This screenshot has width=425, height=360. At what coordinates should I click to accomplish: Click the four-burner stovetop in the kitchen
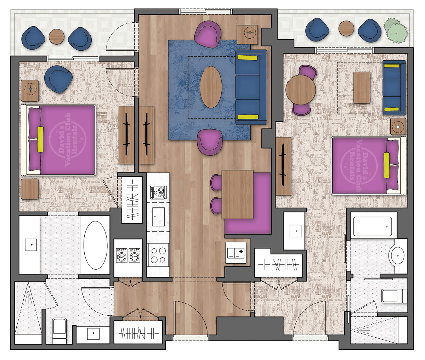click(158, 255)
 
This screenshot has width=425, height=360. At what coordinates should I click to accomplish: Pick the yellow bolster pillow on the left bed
click(40, 139)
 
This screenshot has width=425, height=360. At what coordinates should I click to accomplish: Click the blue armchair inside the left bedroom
click(59, 78)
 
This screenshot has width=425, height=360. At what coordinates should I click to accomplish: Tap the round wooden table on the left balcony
click(56, 36)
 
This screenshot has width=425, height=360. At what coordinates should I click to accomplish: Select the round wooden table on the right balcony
click(346, 28)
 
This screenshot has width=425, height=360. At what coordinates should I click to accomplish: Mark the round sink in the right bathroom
click(398, 255)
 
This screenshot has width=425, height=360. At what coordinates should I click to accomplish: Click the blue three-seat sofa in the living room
click(251, 87)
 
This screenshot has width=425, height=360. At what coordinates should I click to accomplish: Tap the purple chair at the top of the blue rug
click(208, 34)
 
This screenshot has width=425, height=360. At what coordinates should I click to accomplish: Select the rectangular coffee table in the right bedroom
click(362, 88)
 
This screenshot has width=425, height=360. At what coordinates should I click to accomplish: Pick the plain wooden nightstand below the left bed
click(30, 189)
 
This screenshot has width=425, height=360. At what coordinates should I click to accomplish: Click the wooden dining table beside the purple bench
click(237, 195)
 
